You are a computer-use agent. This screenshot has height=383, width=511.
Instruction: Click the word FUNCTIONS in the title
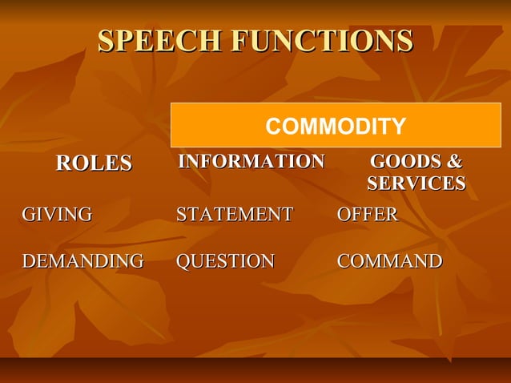tap(321, 41)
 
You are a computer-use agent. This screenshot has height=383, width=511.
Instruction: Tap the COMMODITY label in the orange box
tap(336, 126)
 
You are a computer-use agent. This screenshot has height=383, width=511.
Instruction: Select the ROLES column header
tap(94, 163)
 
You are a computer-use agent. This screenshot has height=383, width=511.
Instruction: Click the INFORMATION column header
tap(251, 162)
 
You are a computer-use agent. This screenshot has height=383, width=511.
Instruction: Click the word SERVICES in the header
tap(416, 184)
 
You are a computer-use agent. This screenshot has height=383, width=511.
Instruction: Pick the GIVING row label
tap(57, 215)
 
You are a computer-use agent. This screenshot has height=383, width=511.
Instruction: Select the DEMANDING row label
tap(82, 261)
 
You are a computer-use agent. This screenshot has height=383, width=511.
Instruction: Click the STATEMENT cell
tap(235, 215)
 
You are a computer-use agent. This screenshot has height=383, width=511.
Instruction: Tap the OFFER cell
tap(368, 215)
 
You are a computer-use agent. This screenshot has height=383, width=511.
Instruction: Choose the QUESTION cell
tap(225, 261)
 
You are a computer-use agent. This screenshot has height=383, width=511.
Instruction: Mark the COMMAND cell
tap(390, 261)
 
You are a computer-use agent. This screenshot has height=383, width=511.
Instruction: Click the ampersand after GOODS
tap(454, 162)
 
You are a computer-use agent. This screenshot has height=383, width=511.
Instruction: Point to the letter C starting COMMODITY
tap(272, 126)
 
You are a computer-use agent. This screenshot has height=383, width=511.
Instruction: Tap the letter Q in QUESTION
tap(183, 261)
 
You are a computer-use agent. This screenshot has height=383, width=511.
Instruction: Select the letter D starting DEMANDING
tap(28, 261)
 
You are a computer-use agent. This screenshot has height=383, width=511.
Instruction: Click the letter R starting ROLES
tap(62, 163)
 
